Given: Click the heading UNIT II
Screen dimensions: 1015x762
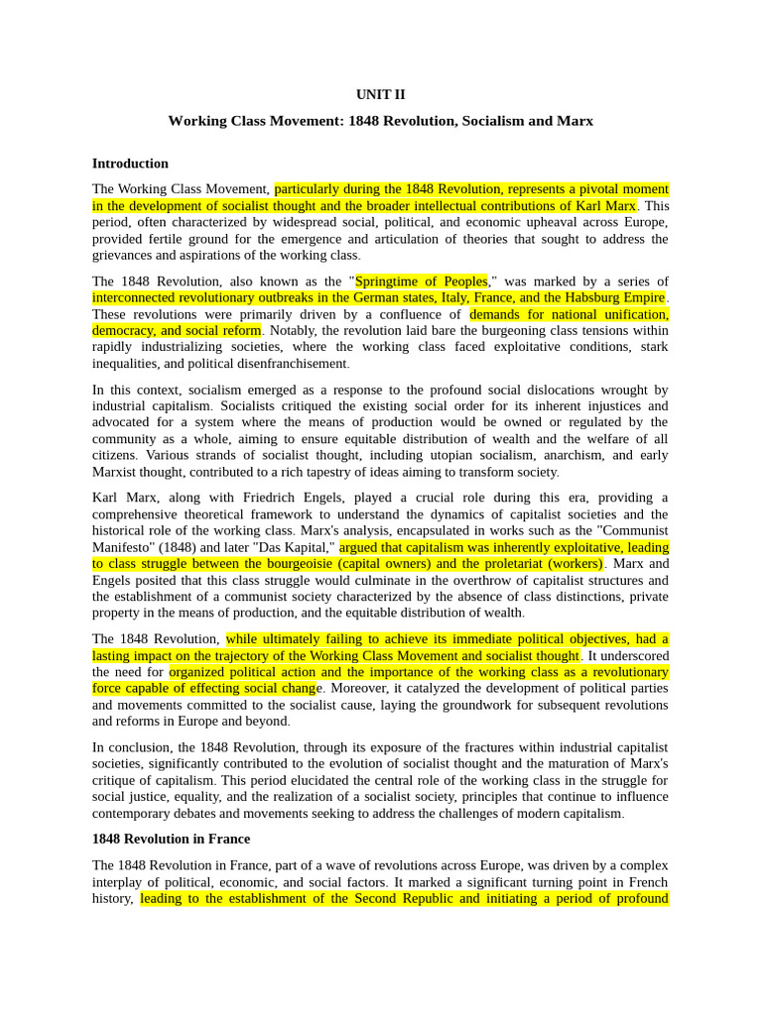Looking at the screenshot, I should [x=381, y=95].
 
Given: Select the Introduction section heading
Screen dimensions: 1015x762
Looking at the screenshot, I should [x=130, y=164].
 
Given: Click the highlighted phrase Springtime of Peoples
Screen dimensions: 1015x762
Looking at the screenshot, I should [x=421, y=282].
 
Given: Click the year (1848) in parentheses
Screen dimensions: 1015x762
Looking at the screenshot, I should [x=178, y=547].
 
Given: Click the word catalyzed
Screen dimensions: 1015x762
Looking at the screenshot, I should [x=458, y=688].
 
